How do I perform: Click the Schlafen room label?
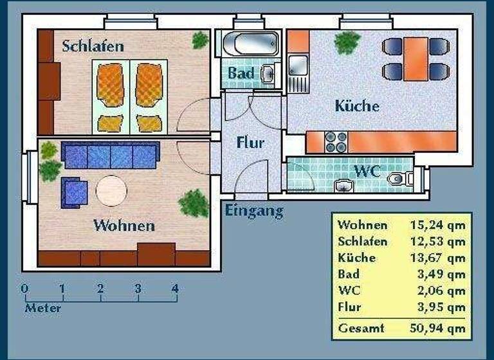coord(93,46)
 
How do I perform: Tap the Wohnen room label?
coord(124,226)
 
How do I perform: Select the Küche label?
coord(357,106)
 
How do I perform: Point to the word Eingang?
coord(254,210)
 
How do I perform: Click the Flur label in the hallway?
coord(250,143)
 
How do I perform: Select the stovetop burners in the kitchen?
coord(336,142)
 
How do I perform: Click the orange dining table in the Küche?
coord(415,59)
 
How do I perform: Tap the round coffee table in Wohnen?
coord(112,190)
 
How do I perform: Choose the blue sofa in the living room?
coord(111,155)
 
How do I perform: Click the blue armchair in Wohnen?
coord(75,192)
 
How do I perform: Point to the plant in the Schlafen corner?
coord(200,40)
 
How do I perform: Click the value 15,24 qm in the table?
coord(437,225)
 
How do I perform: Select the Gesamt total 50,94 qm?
coord(437,328)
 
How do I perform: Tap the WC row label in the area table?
coord(349,291)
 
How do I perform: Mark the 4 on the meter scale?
coord(175,289)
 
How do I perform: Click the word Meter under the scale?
coord(43,308)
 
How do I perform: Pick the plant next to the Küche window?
coord(347,42)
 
